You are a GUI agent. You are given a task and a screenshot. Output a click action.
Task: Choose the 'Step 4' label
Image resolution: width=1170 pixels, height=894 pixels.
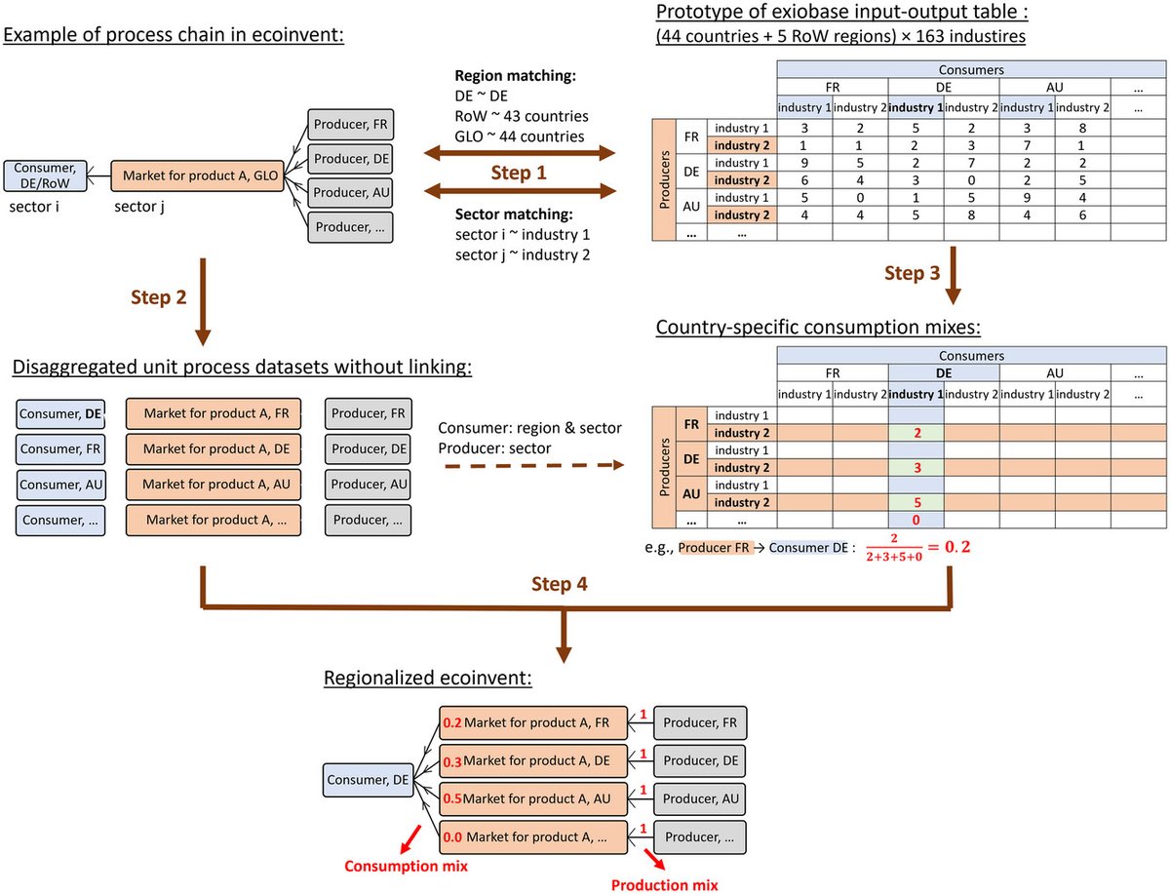click(x=562, y=584)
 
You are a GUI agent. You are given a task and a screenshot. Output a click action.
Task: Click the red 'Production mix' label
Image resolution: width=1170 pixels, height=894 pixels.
click(x=664, y=885)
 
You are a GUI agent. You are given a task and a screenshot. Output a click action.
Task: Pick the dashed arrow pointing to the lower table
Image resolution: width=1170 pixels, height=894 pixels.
click(x=530, y=467)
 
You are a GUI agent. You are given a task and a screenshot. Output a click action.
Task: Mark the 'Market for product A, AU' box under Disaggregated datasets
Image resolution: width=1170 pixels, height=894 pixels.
click(x=214, y=484)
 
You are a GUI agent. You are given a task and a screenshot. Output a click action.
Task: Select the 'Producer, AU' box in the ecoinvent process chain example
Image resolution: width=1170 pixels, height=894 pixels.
click(x=349, y=193)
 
